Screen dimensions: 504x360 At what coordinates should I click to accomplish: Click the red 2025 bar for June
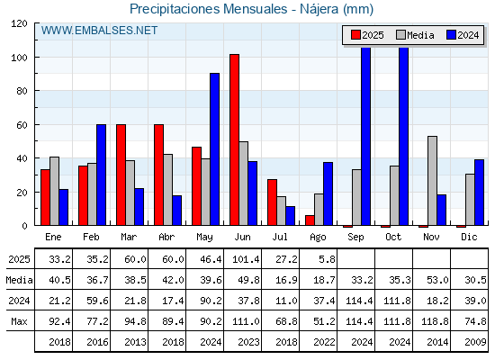point(234,139)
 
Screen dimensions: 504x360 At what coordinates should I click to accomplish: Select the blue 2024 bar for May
point(215,149)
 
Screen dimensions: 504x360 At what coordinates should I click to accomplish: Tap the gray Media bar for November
point(432,181)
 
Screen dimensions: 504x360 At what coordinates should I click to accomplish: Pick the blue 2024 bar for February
point(101,175)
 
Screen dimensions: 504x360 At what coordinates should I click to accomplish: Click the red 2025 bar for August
point(310,220)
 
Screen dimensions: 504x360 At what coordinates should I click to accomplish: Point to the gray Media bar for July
point(281,211)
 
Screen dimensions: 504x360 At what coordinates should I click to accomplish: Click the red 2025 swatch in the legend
point(355,35)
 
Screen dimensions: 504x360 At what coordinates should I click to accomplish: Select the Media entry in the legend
point(415,35)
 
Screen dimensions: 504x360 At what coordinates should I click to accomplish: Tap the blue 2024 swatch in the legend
point(451,35)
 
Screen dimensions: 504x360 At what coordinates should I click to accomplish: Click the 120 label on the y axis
point(19,23)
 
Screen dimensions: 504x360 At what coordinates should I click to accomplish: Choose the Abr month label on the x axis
point(166,238)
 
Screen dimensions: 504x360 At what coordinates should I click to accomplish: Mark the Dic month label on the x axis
point(469,238)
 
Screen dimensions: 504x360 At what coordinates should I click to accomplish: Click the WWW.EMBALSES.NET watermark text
point(99,31)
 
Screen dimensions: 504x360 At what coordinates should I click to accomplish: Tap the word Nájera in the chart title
point(319,9)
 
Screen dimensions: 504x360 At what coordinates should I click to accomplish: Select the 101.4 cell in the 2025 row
point(246,259)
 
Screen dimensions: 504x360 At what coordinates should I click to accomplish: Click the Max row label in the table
point(19,321)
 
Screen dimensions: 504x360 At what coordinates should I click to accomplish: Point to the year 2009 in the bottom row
point(475,342)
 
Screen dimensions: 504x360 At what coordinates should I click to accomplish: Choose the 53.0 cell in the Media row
point(437,280)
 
